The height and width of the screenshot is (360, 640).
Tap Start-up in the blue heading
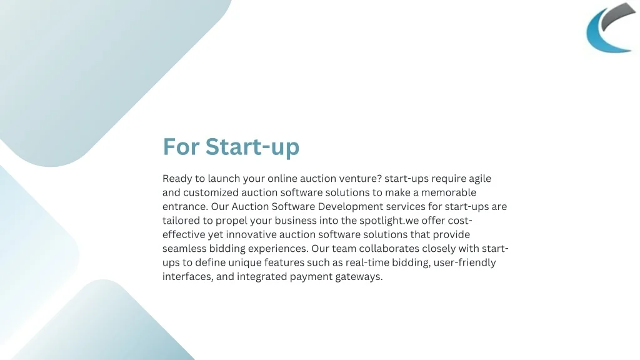tap(252, 147)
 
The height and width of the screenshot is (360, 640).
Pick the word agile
tap(479, 179)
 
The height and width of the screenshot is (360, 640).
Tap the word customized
tap(211, 192)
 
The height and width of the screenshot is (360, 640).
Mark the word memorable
tap(449, 192)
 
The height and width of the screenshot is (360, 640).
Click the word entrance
tap(185, 206)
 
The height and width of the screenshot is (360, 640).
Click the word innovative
tap(251, 234)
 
